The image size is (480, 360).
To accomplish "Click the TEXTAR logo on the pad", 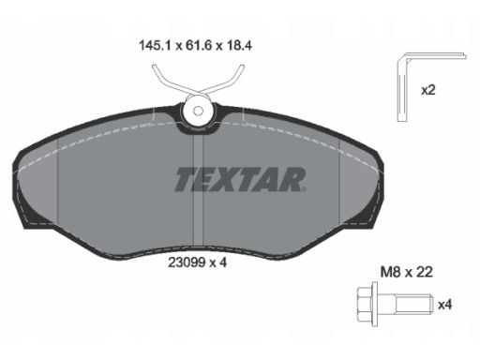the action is [240, 179].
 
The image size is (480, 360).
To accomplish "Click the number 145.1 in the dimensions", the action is [155, 46].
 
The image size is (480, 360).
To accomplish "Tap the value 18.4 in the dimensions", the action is [238, 46].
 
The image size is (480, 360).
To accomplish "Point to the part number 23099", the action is [187, 262].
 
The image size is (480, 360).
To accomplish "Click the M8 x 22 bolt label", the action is [406, 272].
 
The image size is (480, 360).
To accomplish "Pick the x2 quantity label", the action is [427, 90].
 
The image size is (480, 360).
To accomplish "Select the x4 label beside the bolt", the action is [444, 305].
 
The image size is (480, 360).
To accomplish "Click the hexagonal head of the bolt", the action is [364, 304].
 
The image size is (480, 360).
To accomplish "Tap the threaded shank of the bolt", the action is [413, 304].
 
